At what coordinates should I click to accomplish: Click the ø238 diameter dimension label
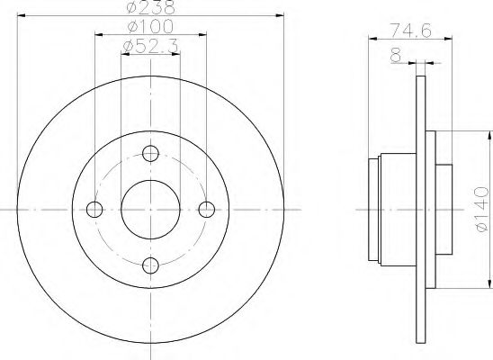coord(150,7)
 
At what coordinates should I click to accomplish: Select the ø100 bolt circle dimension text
coord(150,26)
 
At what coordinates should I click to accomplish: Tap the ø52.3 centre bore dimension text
coord(150,46)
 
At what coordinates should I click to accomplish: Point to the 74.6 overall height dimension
coord(410,31)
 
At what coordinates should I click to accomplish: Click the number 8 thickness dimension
coord(396,54)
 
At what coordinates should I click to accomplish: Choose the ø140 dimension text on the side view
coord(481,209)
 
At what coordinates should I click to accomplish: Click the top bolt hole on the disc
coord(150,153)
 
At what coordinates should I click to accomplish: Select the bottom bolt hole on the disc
coord(150,265)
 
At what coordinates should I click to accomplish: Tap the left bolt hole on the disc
coord(94,210)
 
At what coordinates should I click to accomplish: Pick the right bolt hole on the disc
coord(207,210)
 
